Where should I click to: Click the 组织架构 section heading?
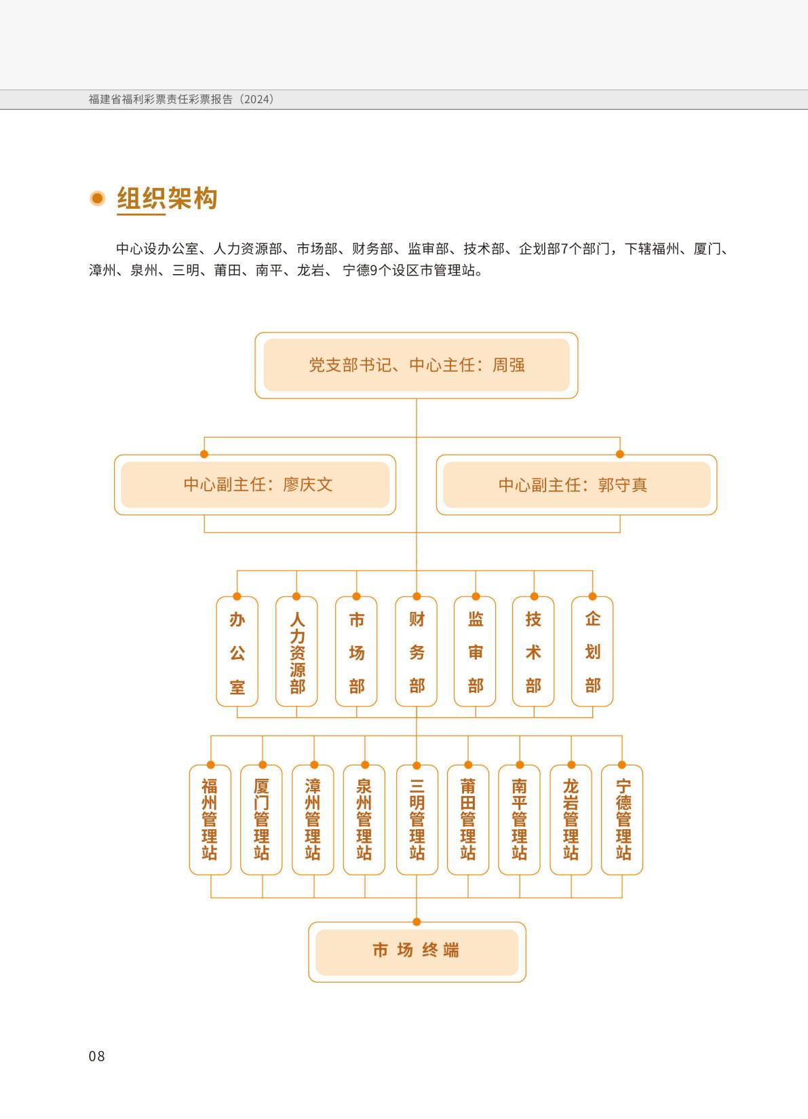[167, 198]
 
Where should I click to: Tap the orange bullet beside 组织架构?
[98, 198]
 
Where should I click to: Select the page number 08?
[97, 1056]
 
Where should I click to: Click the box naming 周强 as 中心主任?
[417, 365]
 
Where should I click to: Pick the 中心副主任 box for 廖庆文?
[255, 485]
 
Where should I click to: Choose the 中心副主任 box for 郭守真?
[577, 485]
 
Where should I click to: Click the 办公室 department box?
[237, 651]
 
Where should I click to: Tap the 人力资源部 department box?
[296, 651]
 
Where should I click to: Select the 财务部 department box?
[416, 651]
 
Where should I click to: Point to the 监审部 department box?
[475, 651]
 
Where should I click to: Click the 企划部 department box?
[592, 651]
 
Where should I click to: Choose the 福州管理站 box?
[210, 820]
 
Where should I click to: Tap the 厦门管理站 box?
[261, 820]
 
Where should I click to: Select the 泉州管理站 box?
[364, 820]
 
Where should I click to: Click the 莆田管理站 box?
[468, 820]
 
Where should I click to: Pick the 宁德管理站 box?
[622, 820]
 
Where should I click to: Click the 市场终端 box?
[417, 952]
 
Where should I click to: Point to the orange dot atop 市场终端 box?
[417, 922]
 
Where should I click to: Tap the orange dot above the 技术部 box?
[534, 596]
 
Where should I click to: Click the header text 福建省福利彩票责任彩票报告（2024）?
[181, 99]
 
